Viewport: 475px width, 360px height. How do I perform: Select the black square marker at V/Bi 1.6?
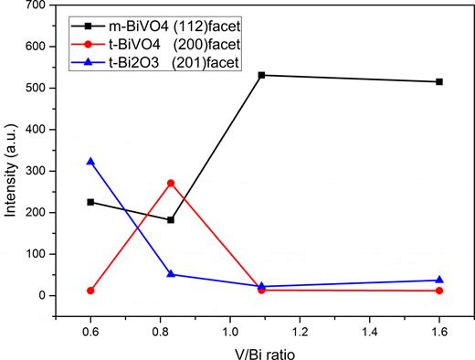point(439,81)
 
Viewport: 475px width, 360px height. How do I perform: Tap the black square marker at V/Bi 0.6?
point(90,202)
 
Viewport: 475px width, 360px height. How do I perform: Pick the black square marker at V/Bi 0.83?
point(171,220)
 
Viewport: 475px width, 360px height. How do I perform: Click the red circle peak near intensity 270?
point(171,183)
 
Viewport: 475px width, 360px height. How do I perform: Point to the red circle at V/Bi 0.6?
point(90,291)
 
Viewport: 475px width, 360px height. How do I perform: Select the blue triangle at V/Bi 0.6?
point(90,162)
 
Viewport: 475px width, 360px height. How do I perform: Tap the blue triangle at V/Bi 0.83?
point(171,274)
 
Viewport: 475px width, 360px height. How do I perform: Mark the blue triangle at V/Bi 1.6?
point(439,281)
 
